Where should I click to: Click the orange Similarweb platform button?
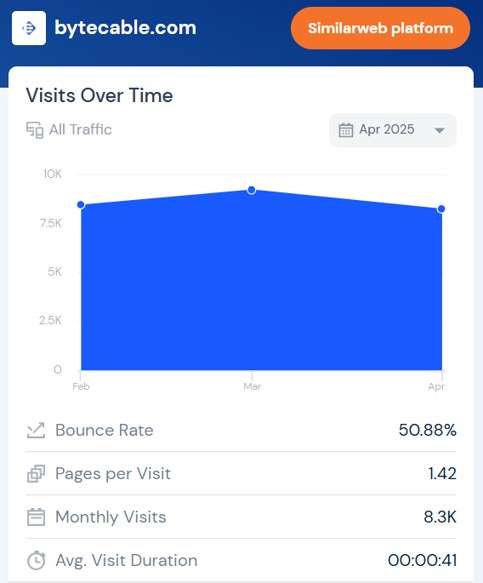point(380,28)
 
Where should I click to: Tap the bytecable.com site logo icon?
point(29,28)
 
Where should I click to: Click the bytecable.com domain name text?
point(125,28)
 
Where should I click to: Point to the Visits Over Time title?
point(99,95)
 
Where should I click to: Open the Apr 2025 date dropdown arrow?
point(439,130)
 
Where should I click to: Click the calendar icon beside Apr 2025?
point(346,130)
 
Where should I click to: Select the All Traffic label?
point(80,129)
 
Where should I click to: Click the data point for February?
point(81,204)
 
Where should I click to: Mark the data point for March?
point(251,190)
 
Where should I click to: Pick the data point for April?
point(441,209)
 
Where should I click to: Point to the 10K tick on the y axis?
point(52,174)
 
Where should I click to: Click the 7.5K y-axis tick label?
point(51,223)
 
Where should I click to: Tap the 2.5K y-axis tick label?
point(51,320)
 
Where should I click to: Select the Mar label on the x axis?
point(252,387)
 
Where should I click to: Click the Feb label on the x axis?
point(81,387)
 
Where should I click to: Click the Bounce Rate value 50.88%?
point(428,430)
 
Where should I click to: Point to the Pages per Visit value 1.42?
point(442,473)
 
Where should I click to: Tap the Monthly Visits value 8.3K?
point(440,517)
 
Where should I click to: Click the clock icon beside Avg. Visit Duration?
point(36,560)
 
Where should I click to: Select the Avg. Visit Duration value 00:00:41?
point(422,560)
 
